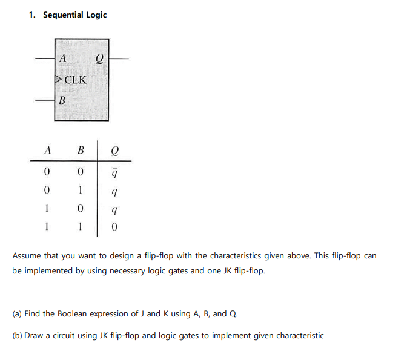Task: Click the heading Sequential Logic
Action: tap(74, 15)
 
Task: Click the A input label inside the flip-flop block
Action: tap(64, 59)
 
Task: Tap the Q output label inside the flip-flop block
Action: tap(100, 59)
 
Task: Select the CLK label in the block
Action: tap(75, 80)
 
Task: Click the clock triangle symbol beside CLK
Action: tap(58, 79)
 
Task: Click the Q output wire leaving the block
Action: tap(119, 59)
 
